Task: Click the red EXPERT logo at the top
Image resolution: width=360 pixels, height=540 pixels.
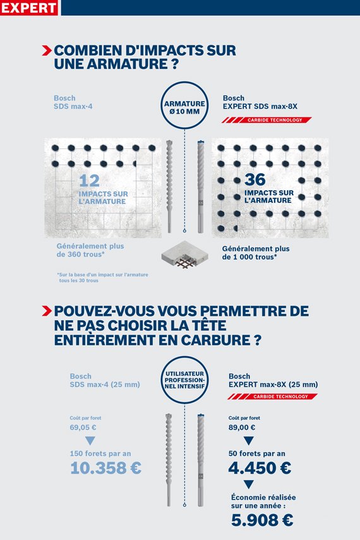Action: (28, 8)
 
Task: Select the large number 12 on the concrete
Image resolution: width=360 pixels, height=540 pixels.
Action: (89, 181)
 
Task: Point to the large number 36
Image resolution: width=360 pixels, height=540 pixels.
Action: (255, 179)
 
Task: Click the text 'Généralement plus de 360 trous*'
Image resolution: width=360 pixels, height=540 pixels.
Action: (90, 251)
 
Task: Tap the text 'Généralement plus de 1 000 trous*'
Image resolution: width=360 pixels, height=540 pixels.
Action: (256, 253)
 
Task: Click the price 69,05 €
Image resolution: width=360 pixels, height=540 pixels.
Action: (83, 428)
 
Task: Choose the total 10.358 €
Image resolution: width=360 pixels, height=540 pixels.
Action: (105, 468)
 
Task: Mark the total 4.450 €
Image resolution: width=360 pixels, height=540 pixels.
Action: (260, 468)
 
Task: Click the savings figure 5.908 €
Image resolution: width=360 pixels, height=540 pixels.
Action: (262, 520)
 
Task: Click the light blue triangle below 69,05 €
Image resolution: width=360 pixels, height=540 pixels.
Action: (90, 440)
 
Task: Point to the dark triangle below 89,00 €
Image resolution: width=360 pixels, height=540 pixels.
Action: (248, 440)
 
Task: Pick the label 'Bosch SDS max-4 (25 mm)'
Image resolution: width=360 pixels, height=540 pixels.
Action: (105, 380)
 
